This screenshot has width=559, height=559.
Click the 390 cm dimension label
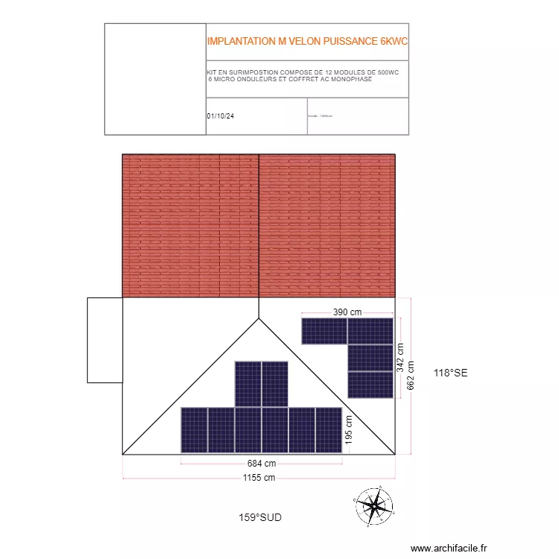(347, 312)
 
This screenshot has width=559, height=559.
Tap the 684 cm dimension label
(262, 464)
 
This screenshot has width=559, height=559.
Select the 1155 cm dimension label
(259, 478)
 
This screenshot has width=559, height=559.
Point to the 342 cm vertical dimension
(400, 358)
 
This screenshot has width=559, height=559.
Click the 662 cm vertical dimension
(411, 382)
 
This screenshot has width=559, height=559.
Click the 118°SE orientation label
(450, 373)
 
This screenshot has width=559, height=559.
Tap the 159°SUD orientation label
(260, 517)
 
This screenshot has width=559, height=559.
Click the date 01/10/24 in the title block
(221, 116)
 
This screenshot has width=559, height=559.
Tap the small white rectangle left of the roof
(104, 340)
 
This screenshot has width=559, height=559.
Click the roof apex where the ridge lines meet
(259, 318)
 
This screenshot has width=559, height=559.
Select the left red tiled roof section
(190, 226)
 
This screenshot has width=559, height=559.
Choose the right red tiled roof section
(326, 226)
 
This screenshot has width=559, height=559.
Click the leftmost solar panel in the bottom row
(194, 430)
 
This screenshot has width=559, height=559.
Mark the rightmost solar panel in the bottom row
(329, 430)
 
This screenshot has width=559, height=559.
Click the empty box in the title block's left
(155, 79)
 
